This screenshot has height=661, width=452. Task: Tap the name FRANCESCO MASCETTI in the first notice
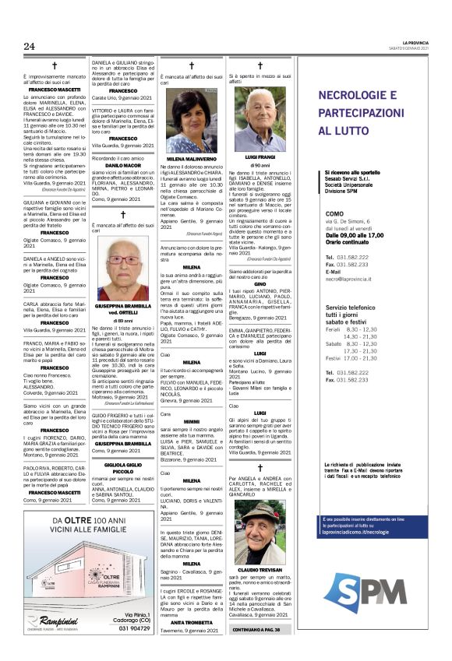pyautogui.click(x=55, y=90)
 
